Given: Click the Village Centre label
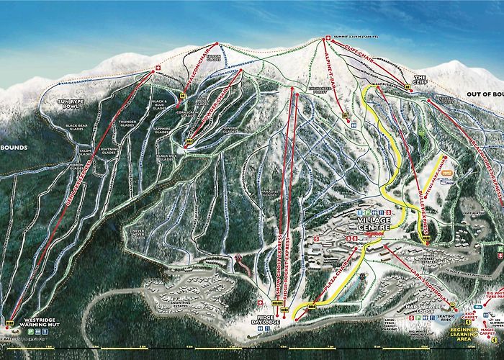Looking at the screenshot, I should pos(371,224).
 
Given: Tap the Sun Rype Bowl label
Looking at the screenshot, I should pos(72,106).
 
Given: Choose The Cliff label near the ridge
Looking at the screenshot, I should pos(420,79).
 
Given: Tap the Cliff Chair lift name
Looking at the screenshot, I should pos(361,53).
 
